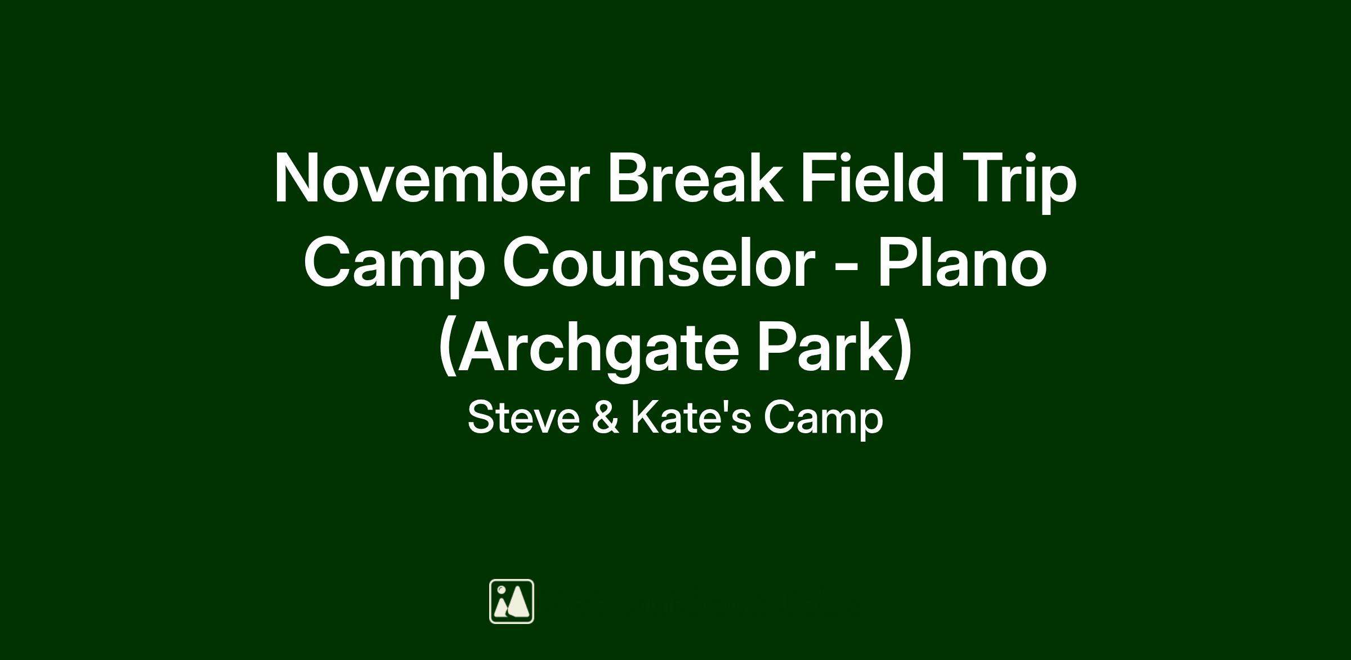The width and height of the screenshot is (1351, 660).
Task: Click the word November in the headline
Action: [432, 178]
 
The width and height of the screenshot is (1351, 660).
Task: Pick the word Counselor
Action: [659, 263]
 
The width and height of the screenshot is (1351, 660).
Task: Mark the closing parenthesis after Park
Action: [903, 349]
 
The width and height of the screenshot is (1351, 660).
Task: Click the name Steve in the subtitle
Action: [524, 417]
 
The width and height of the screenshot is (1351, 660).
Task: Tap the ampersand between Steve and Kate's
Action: [606, 417]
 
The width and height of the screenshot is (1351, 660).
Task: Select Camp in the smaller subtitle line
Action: [824, 420]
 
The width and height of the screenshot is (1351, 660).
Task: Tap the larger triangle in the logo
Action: [518, 602]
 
